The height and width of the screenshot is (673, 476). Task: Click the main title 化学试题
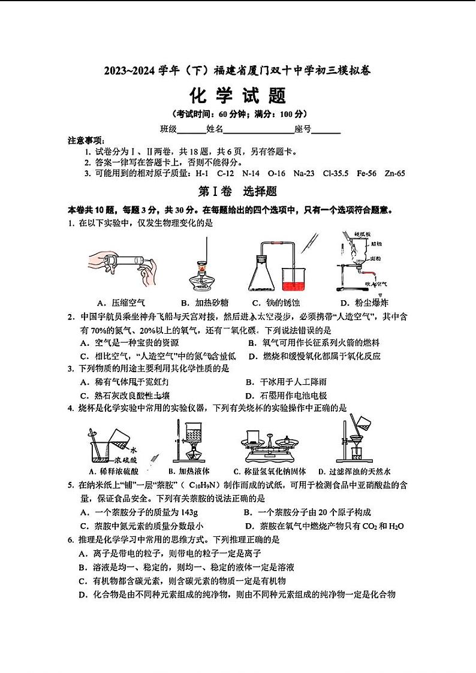(238, 95)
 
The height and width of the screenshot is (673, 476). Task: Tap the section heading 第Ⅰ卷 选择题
(237, 192)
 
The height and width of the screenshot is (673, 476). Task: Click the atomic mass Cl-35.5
(333, 174)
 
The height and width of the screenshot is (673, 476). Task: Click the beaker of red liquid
(294, 279)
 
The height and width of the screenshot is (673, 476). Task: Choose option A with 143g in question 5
(139, 512)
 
